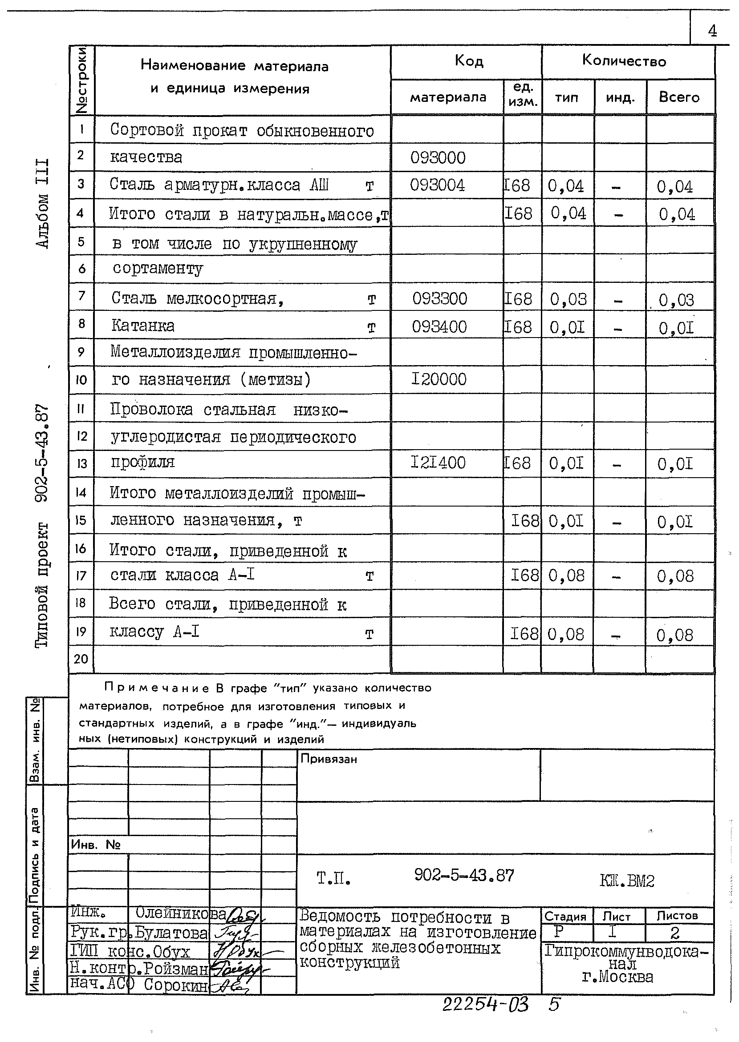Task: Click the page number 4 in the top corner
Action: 712,31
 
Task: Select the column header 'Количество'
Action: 624,61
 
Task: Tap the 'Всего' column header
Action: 679,97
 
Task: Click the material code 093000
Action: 438,158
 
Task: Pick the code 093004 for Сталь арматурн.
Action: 437,185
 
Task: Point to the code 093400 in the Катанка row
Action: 439,327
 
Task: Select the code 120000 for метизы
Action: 439,379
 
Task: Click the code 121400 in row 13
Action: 438,463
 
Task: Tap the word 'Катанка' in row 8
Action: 143,326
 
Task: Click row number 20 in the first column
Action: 81,659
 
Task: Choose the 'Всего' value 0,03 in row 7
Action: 676,300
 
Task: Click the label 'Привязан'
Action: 329,759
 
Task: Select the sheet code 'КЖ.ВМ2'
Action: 627,881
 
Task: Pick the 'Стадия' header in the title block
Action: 565,917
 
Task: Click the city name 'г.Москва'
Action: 617,977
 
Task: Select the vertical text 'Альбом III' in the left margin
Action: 42,204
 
